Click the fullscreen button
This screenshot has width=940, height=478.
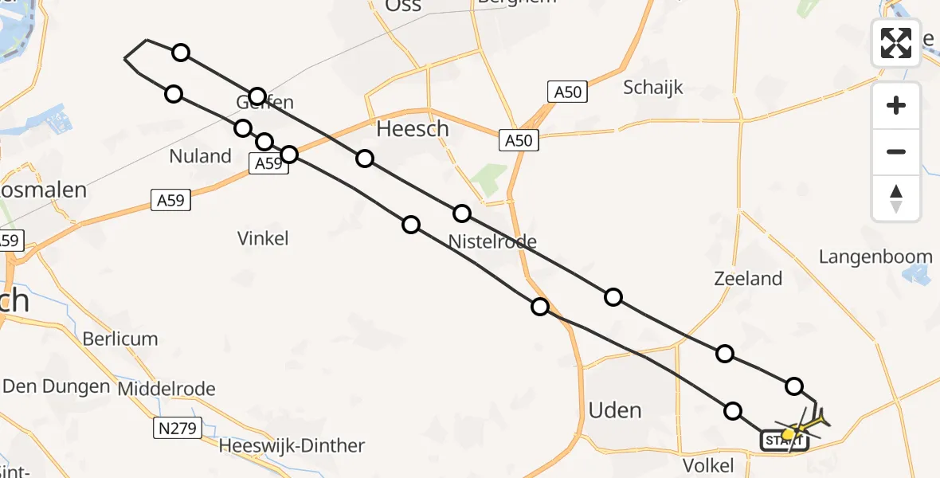[x=896, y=42]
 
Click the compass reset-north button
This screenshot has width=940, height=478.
[x=896, y=198]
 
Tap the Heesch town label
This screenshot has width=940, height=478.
[x=412, y=129]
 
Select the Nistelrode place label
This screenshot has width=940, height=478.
[x=492, y=241]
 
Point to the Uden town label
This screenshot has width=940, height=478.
[x=614, y=410]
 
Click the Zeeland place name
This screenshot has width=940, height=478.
[x=748, y=279]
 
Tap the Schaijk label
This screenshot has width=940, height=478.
[x=653, y=87]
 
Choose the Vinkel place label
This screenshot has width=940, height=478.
[x=263, y=237]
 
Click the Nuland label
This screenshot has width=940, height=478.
[x=200, y=156]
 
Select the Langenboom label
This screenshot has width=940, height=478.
[x=875, y=257]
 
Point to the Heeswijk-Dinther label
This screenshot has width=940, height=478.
[x=292, y=446]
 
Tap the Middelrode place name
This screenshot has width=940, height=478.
[x=166, y=389]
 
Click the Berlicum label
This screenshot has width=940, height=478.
[x=120, y=339]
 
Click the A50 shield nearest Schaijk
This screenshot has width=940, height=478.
[x=567, y=92]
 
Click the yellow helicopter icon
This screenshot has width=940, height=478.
[x=799, y=428]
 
